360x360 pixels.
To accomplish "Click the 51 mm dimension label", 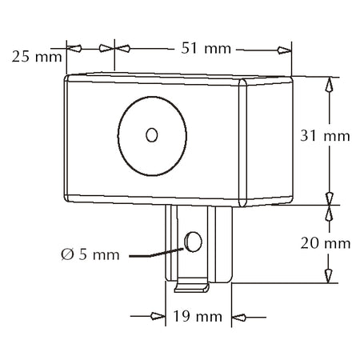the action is click(206, 49).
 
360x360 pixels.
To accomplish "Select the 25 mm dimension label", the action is click(37, 57).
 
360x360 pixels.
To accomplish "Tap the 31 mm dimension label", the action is click(325, 136).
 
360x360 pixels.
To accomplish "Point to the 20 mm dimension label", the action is click(326, 243).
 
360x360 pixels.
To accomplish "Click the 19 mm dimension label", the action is click(198, 317).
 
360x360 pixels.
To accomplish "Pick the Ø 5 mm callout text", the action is click(90, 254).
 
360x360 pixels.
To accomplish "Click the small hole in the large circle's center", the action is click(152, 135).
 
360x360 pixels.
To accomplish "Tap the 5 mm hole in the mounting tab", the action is click(193, 242).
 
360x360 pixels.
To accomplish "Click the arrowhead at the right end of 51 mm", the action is click(284, 50).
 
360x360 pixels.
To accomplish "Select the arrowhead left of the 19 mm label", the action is click(158, 317).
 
